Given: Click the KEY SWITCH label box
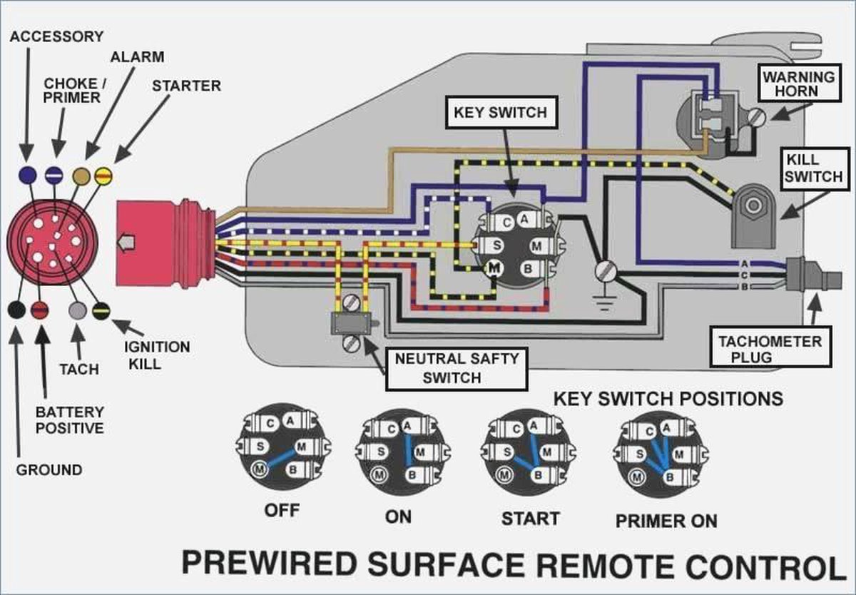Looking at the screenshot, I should coord(500,113).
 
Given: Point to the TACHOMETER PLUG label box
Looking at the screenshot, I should coord(770,349).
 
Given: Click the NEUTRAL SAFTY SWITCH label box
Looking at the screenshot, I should coord(457,368).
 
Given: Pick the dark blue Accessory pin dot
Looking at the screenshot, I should coord(27,173).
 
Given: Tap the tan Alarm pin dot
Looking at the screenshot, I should coord(82,174).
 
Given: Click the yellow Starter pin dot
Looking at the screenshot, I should coord(104,174).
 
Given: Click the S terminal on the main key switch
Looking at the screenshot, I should coord(494,245).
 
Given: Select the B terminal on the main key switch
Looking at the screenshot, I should coord(529,268).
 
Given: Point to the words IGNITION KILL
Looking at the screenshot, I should coord(157,355).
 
